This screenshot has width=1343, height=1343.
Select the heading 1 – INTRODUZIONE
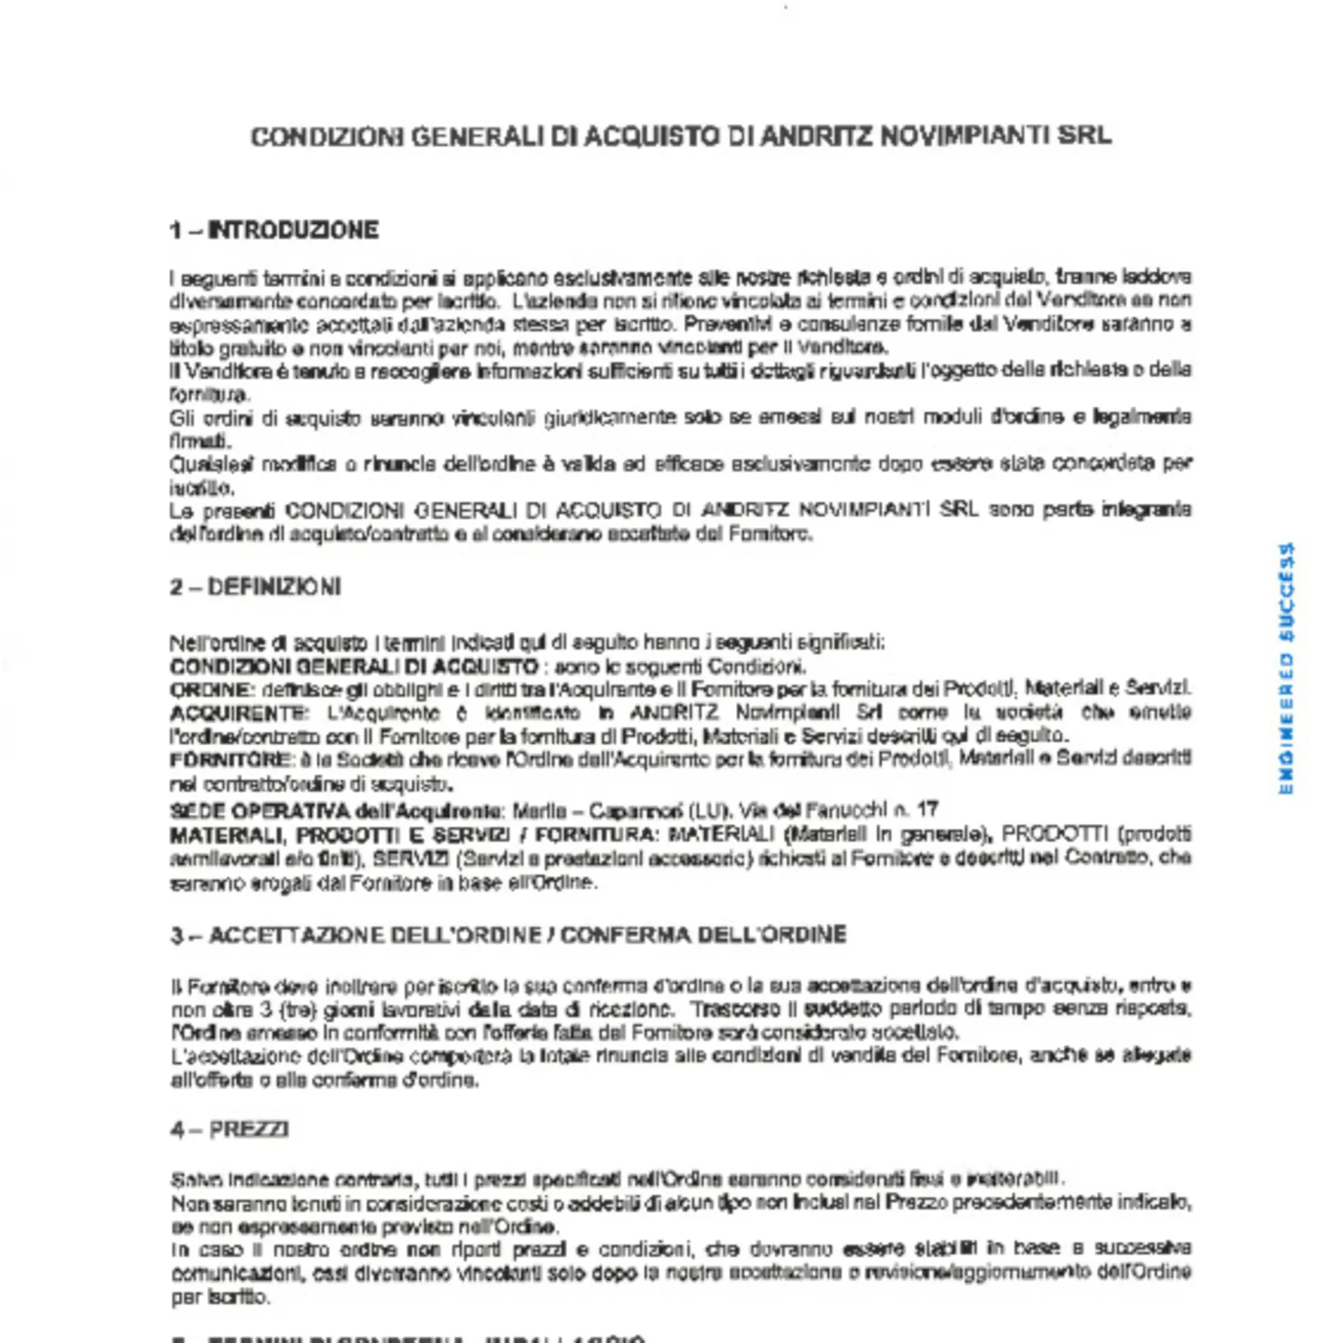[x=274, y=230]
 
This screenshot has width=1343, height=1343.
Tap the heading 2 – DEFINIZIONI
[x=255, y=587]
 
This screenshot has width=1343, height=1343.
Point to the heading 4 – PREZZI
[x=230, y=1130]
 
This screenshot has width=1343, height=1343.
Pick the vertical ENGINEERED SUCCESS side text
[x=1286, y=669]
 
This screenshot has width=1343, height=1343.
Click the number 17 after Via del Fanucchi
[x=926, y=810]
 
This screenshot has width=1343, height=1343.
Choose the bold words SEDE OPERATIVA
[x=260, y=811]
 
